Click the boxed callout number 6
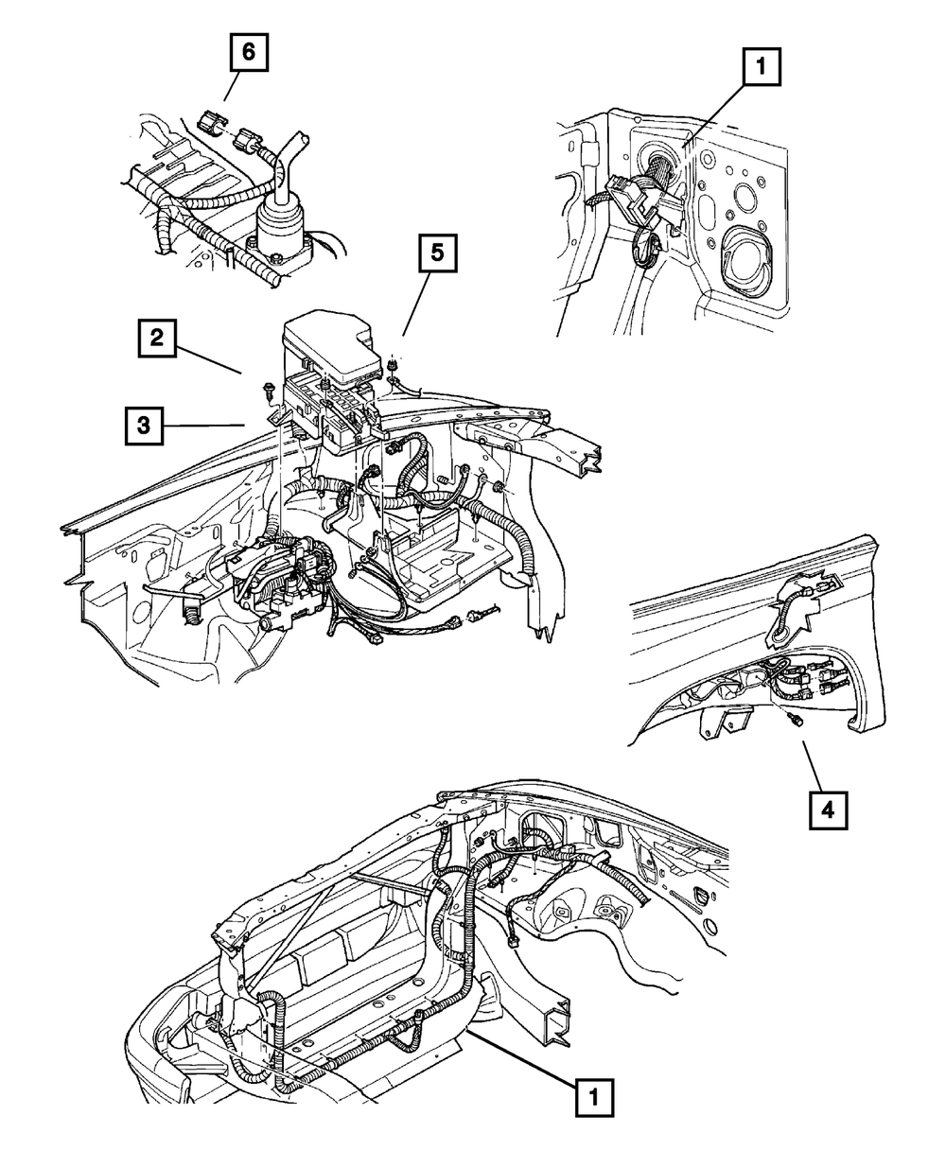point(248,52)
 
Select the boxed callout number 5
point(438,253)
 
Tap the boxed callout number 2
point(157,338)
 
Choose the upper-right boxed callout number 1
point(761,66)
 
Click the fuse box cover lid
point(327,342)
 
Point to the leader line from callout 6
point(232,86)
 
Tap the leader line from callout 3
point(203,426)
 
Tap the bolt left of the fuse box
point(268,390)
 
